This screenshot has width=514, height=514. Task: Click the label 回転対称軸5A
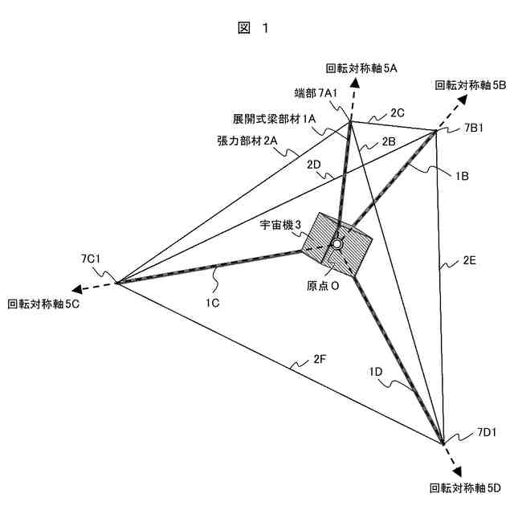(361, 69)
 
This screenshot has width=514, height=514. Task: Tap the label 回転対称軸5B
(470, 84)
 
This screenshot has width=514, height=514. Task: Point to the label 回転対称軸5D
(465, 488)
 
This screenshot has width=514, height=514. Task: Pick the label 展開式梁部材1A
(274, 117)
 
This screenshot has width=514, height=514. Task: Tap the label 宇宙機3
(280, 226)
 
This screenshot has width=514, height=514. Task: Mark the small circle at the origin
(338, 243)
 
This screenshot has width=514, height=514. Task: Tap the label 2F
(320, 359)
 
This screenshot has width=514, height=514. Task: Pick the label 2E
(469, 259)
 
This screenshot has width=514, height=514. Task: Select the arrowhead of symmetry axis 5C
(73, 291)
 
